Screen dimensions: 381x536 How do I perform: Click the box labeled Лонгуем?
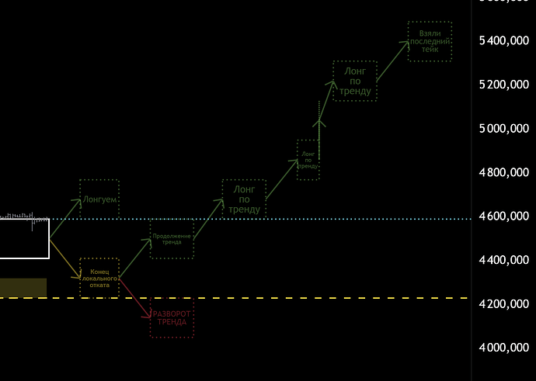coord(99,199)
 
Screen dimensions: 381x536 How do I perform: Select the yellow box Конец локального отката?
coord(99,277)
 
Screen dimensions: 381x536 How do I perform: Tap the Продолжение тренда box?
coord(172,239)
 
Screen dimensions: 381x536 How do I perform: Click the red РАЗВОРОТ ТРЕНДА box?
coord(171,318)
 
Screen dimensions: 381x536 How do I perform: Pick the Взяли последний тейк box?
coord(430,41)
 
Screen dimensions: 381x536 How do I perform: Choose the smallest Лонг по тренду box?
coord(308,159)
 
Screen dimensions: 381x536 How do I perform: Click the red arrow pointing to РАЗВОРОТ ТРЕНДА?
coord(135,297)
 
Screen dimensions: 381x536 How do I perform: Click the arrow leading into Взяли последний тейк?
coord(392,61)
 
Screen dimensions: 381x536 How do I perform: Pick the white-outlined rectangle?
coord(24,238)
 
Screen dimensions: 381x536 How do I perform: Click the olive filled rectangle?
coord(23,287)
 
